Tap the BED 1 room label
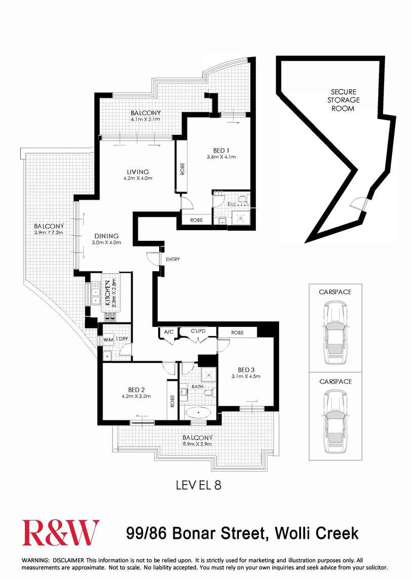tap(221, 150)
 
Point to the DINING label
tap(105, 236)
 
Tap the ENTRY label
tap(173, 260)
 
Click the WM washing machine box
tap(108, 340)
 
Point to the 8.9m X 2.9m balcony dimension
tap(198, 444)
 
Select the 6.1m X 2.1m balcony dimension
tap(145, 119)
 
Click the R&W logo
tap(61, 533)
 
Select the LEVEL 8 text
tap(198, 485)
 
